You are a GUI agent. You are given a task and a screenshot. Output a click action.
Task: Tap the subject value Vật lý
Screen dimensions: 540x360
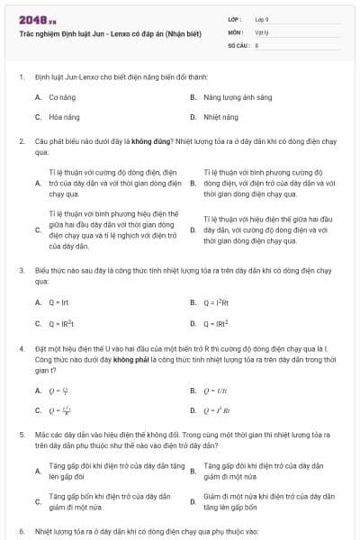coord(261,31)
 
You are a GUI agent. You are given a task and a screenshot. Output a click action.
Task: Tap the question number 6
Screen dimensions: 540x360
coord(21,531)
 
